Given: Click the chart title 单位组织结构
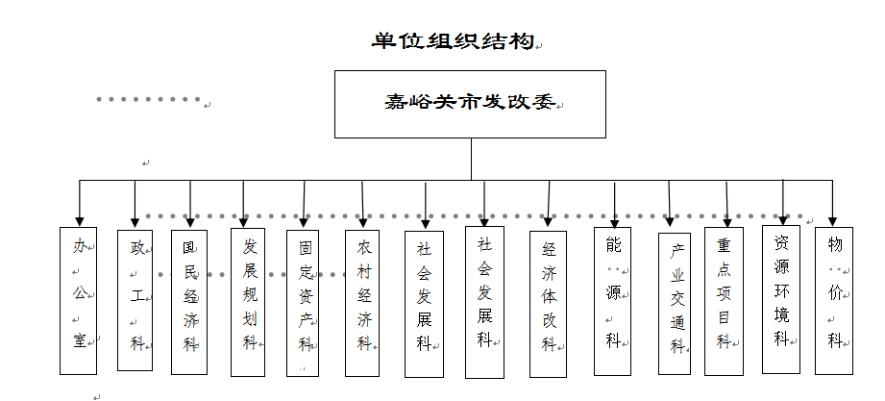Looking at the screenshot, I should click(452, 43).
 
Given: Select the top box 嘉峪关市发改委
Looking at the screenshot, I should click(470, 104).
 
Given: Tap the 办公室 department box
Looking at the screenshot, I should click(79, 300).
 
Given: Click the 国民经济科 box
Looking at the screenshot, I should click(189, 302).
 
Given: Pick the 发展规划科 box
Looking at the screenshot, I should click(249, 301).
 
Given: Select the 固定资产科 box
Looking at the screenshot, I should click(304, 302).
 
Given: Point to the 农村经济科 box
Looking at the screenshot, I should click(363, 301).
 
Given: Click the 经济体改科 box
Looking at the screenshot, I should click(548, 303).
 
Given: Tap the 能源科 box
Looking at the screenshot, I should click(612, 301).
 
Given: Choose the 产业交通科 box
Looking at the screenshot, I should click(675, 303).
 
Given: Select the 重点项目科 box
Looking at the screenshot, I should click(724, 301).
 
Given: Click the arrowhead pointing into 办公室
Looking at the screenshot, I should click(79, 220).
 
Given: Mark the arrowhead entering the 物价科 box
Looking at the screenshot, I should click(833, 220).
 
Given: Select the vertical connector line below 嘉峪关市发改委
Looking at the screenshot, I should click(471, 159).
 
